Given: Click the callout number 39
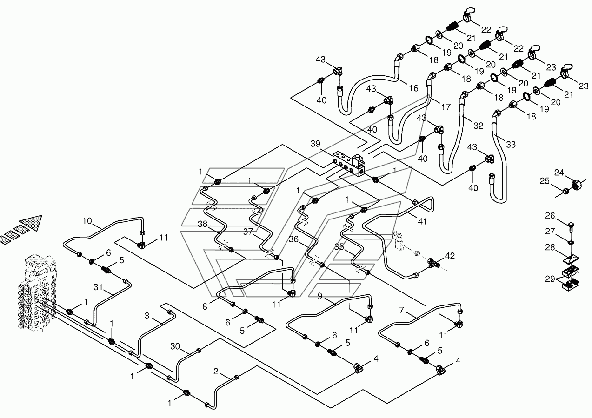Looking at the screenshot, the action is click(x=315, y=144).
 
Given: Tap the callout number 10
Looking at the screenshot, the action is click(x=87, y=221).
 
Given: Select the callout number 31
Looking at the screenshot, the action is click(x=98, y=287).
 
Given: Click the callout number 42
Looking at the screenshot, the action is click(x=450, y=256).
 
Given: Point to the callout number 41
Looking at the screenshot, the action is click(x=422, y=221).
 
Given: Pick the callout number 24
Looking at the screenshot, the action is click(x=559, y=173).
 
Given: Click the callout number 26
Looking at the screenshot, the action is click(x=550, y=216).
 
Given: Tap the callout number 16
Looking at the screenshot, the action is click(x=413, y=88).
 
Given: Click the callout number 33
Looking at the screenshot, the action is click(x=511, y=145).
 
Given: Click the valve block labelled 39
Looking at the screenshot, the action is click(x=347, y=163).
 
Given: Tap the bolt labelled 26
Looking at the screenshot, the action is click(x=571, y=227).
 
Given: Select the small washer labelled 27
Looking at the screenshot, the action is click(x=571, y=242).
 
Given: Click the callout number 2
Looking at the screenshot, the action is click(x=216, y=372).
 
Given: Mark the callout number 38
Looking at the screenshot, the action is click(x=202, y=224).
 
